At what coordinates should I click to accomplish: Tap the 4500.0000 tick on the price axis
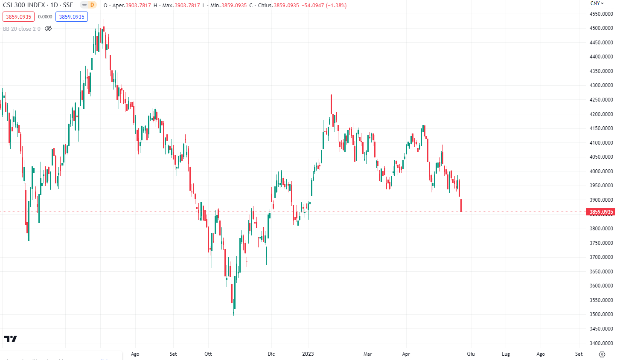pyautogui.click(x=601, y=28)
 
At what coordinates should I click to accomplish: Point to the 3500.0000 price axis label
pyautogui.click(x=601, y=314)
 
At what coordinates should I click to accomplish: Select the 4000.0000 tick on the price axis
pyautogui.click(x=601, y=171)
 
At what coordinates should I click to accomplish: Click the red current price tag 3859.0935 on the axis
pyautogui.click(x=601, y=212)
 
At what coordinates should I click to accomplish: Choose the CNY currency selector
pyautogui.click(x=597, y=3)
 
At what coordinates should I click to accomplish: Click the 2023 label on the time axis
pyautogui.click(x=308, y=354)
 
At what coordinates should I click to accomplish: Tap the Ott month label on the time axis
pyautogui.click(x=208, y=354)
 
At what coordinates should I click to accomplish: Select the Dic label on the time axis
pyautogui.click(x=271, y=354)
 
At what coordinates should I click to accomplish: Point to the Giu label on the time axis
pyautogui.click(x=471, y=354)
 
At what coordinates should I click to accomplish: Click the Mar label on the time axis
pyautogui.click(x=367, y=354)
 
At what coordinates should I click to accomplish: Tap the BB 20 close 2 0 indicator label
pyautogui.click(x=22, y=29)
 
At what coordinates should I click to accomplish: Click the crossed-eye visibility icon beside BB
pyautogui.click(x=48, y=29)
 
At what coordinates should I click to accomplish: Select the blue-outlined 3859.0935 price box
pyautogui.click(x=72, y=17)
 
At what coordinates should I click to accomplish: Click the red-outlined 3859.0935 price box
pyautogui.click(x=19, y=17)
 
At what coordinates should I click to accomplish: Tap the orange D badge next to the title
pyautogui.click(x=92, y=5)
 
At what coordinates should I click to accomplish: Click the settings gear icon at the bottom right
pyautogui.click(x=602, y=354)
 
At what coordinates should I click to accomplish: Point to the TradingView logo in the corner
pyautogui.click(x=11, y=339)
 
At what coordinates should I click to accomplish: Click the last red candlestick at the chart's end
pyautogui.click(x=461, y=205)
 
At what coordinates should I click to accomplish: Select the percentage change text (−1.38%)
pyautogui.click(x=336, y=6)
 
